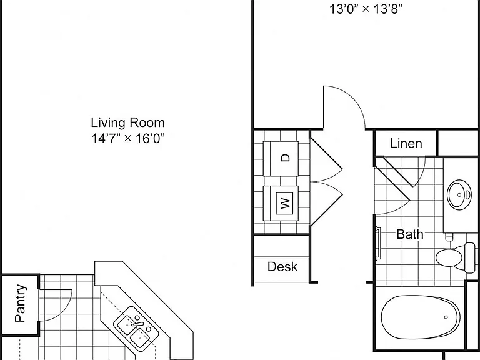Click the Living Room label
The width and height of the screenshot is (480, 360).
[x=127, y=122]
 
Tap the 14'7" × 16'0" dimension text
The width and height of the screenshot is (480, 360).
[x=128, y=138]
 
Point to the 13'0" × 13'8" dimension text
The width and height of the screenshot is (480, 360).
[x=366, y=9]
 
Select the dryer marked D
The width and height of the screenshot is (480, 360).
[x=281, y=158]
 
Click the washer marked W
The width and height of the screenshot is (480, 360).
[x=281, y=203]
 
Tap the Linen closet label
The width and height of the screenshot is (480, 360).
[x=406, y=143]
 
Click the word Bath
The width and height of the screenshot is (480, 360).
[x=410, y=234]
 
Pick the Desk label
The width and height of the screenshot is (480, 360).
[x=282, y=267]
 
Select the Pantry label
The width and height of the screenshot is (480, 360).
[x=20, y=303]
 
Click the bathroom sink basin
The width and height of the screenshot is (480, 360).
[x=459, y=195]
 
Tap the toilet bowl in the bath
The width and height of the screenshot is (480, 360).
[x=449, y=257]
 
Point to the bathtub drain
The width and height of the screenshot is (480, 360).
[x=446, y=317]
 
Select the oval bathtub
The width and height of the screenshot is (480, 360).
[x=421, y=317]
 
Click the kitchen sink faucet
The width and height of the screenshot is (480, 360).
[x=137, y=324]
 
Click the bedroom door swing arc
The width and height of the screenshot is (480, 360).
[x=352, y=97]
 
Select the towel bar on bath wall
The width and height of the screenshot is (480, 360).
[x=378, y=244]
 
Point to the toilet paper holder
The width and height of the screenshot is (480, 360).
[x=449, y=237]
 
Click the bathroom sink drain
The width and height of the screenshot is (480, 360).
[x=459, y=195]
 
